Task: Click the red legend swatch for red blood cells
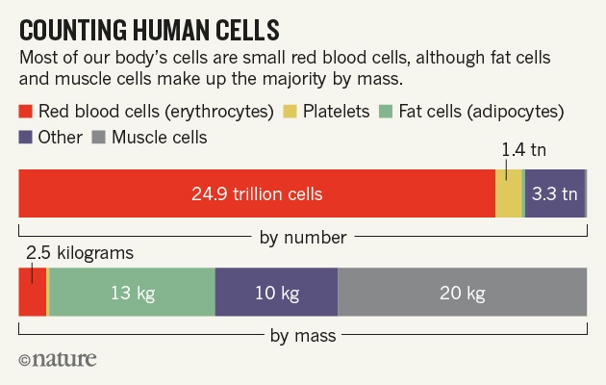coord(26,112)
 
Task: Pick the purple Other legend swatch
coord(26,138)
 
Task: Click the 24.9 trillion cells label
coord(256,193)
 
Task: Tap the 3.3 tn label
coord(555,193)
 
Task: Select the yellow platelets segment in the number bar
coord(508,193)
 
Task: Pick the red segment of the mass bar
coord(32,293)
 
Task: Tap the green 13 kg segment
coord(132,293)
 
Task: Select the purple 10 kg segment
coord(276,293)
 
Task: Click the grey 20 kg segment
coord(462,293)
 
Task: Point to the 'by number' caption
coord(303,237)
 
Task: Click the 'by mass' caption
coord(303,336)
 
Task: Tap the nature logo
coord(58,361)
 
